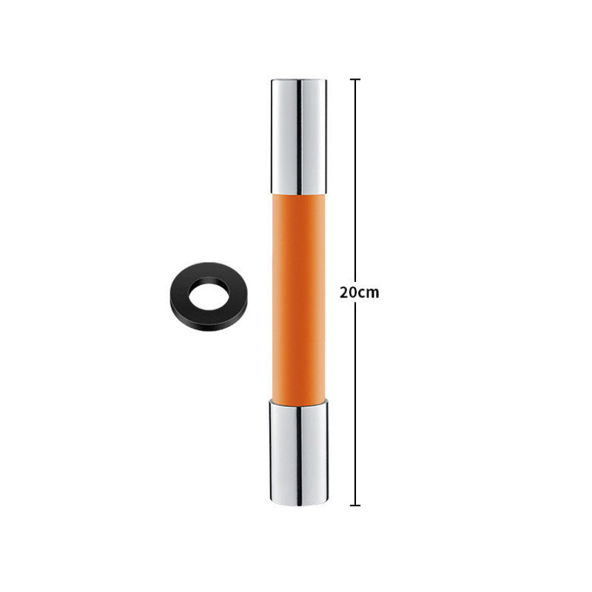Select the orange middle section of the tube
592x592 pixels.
pos(298,296)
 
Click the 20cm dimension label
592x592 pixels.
pos(359,292)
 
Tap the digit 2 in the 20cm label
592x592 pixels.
pos(344,292)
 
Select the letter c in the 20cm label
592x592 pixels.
pos(362,292)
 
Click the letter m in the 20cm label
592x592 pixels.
pos(372,292)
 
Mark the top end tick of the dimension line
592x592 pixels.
pos(355,79)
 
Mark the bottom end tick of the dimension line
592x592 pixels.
pos(355,505)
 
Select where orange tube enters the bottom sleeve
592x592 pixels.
pos(298,401)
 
